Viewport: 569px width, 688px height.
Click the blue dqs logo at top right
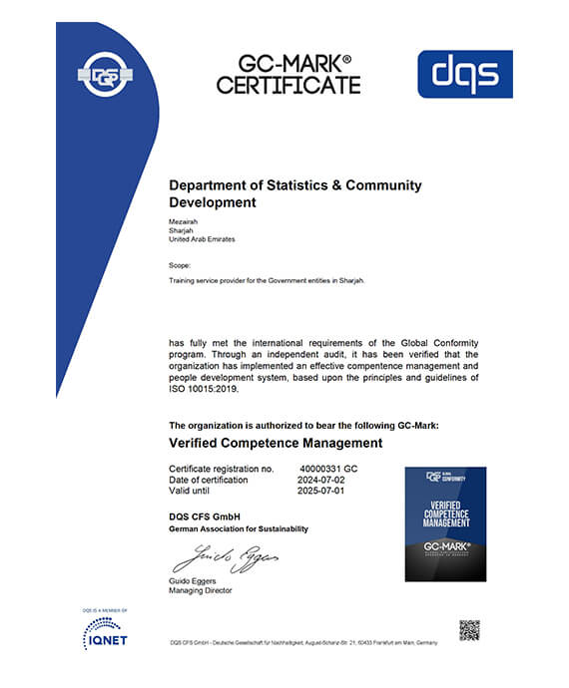(464, 75)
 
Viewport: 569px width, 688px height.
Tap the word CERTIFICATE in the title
(288, 86)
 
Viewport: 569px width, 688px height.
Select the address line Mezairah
(186, 219)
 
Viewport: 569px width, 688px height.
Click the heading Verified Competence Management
(276, 442)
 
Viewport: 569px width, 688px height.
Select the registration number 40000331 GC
(329, 468)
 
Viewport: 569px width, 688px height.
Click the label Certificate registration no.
(221, 468)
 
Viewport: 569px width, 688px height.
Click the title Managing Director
(201, 591)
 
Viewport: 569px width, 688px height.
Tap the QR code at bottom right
(469, 630)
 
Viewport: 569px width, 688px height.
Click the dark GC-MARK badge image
(445, 523)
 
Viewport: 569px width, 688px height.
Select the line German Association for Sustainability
(239, 528)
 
